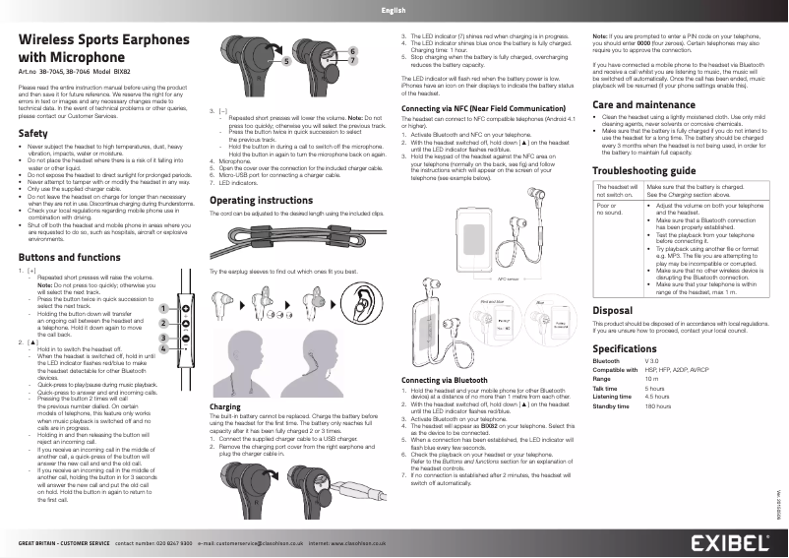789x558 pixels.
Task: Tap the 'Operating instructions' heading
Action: pyautogui.click(x=261, y=201)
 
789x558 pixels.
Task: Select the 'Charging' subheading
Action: pyautogui.click(x=226, y=406)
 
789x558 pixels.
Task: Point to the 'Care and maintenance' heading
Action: pyautogui.click(x=643, y=103)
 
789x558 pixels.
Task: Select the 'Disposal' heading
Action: pyautogui.click(x=613, y=309)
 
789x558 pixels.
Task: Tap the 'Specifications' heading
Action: pyautogui.click(x=625, y=349)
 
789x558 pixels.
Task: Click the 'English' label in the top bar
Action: pyautogui.click(x=394, y=10)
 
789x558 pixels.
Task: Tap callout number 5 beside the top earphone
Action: pyautogui.click(x=286, y=59)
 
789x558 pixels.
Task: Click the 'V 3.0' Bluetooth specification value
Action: pyautogui.click(x=652, y=361)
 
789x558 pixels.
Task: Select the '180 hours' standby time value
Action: pyautogui.click(x=657, y=405)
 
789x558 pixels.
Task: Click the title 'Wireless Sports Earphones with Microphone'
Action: pyautogui.click(x=98, y=48)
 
